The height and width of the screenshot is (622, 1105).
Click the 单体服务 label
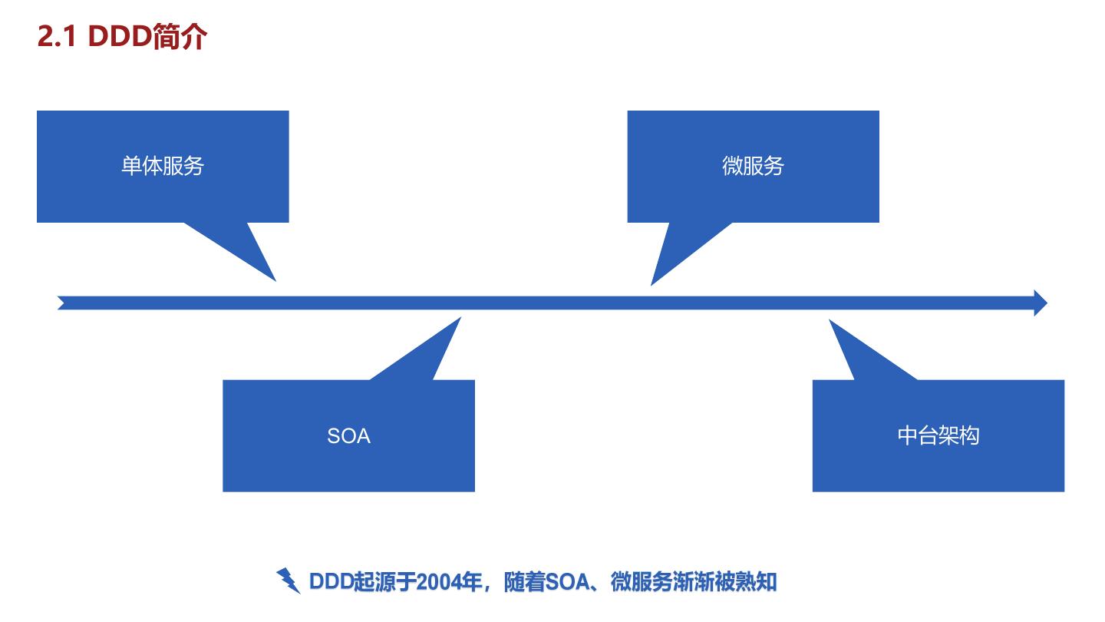163,166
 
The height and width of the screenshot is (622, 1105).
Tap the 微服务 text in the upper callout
753,166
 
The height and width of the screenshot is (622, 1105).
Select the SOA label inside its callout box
348,436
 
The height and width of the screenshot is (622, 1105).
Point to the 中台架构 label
938,436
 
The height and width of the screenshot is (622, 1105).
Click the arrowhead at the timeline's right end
1040,303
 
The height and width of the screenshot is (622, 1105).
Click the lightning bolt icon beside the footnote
289,581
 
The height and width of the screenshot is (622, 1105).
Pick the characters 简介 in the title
180,37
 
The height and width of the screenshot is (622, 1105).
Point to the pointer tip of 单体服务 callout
274,280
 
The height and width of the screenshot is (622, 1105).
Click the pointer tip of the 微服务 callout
652,283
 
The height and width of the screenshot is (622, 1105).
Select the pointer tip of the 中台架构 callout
831,321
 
